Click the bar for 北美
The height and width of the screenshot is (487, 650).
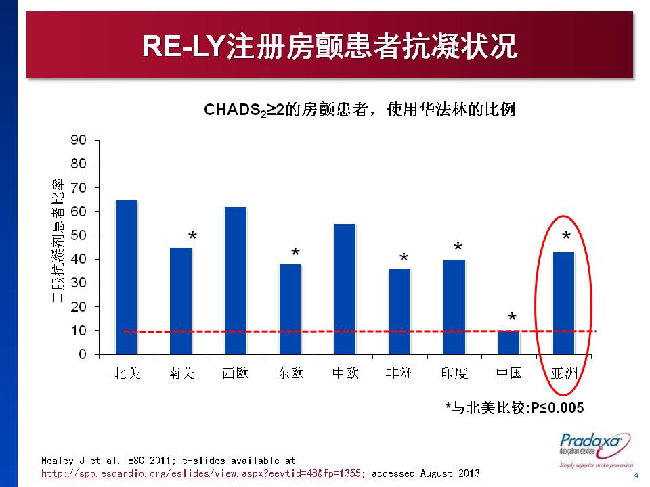[127, 277]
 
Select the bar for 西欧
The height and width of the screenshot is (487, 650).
[236, 280]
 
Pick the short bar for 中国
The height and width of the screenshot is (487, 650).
[509, 342]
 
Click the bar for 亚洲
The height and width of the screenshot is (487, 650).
[563, 303]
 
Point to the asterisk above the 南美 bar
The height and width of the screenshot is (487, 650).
[193, 237]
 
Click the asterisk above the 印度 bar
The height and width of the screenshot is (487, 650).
[458, 248]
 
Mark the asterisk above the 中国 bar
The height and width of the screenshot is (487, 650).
[513, 319]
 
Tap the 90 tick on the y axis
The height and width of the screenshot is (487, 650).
[79, 140]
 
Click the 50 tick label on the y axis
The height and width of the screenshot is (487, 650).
[79, 235]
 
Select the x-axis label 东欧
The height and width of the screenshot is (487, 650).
[290, 373]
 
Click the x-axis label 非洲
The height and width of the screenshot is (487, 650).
[399, 373]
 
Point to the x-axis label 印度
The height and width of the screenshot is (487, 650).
[454, 373]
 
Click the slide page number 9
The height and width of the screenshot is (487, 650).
[635, 476]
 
